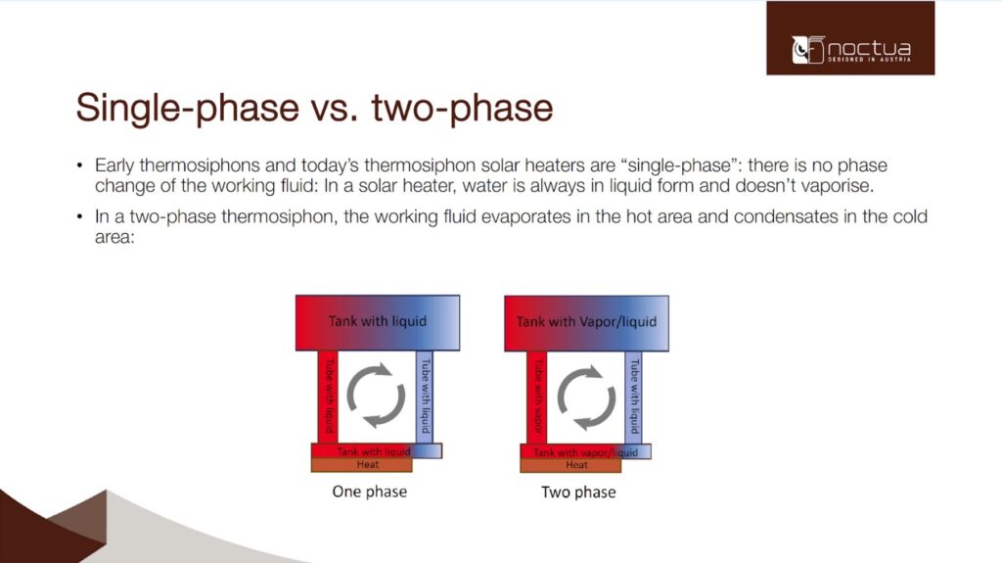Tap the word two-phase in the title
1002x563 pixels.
[x=462, y=108]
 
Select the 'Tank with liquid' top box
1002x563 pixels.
[x=378, y=322]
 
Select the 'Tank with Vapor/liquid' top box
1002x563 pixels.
[x=587, y=323]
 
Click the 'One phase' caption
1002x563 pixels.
[x=369, y=492]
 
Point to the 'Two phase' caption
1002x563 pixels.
[x=578, y=492]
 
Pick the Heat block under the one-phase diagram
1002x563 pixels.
[x=362, y=465]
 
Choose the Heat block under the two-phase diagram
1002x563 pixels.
[x=570, y=466]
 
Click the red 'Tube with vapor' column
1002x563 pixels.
[x=537, y=398]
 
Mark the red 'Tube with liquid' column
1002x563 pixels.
[x=328, y=397]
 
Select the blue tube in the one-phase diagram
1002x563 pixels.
[x=425, y=397]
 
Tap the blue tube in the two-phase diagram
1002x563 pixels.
[x=633, y=398]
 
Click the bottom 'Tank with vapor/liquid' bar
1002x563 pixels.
[x=585, y=451]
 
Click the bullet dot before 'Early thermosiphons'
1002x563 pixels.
[x=79, y=165]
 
